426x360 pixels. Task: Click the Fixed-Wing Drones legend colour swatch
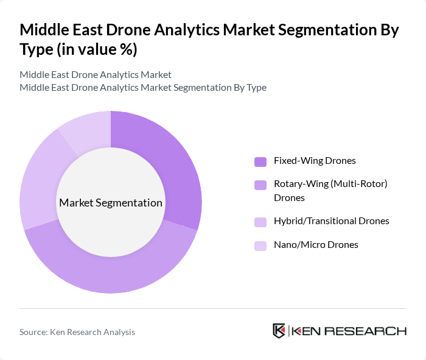[260, 161]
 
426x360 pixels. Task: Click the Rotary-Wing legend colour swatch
[260, 184]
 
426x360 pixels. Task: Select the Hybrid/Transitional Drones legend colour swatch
[260, 221]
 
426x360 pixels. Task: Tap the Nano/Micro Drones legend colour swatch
[260, 245]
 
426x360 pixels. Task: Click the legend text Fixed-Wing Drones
[315, 161]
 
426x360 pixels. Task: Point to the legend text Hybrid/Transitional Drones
[332, 221]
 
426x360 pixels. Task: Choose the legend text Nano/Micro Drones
[316, 244]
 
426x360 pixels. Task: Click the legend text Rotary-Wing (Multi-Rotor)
[330, 183]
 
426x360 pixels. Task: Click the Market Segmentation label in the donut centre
[111, 202]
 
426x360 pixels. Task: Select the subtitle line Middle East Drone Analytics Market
[96, 74]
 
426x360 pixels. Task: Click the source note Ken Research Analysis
[77, 332]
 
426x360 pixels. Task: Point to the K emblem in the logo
[279, 331]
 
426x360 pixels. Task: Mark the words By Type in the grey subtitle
[250, 87]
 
